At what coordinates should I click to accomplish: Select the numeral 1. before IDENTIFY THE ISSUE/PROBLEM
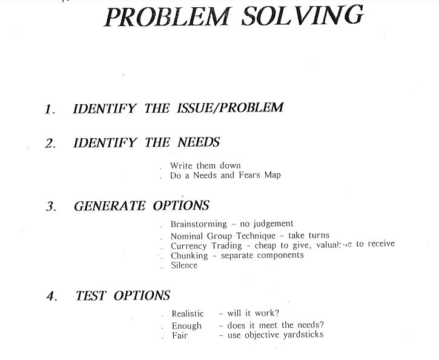50,110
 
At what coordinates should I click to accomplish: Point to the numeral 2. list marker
50,144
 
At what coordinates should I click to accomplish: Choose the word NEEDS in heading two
199,143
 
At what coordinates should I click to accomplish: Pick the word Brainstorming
199,224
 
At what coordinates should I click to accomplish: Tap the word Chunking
189,255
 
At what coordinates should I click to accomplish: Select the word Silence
184,265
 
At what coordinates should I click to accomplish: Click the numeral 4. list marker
51,297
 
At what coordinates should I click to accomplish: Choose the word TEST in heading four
91,296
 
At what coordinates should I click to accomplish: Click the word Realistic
188,314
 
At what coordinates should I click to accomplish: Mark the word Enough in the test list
186,325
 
